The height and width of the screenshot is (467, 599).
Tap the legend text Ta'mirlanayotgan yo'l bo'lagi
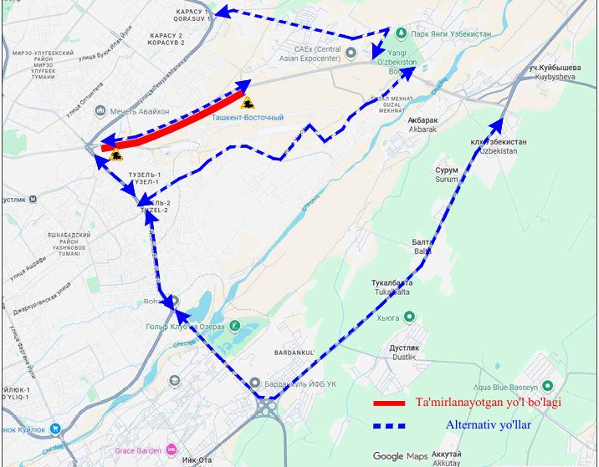click(488, 403)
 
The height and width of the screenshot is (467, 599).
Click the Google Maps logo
click(400, 456)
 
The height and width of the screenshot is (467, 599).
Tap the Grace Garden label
click(140, 447)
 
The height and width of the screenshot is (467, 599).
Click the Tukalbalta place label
click(392, 287)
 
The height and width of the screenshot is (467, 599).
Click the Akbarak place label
click(423, 125)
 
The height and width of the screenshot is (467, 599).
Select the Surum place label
click(446, 174)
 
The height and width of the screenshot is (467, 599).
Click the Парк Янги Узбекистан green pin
click(401, 33)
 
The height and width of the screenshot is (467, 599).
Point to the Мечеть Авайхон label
click(138, 111)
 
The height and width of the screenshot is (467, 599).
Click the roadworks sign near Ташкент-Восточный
click(248, 104)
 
